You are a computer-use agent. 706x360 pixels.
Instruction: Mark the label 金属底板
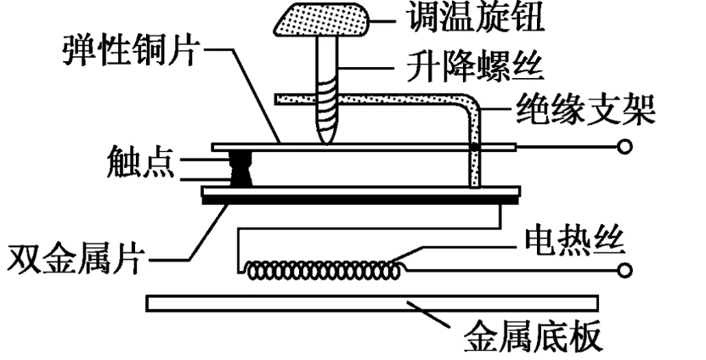[x=533, y=338]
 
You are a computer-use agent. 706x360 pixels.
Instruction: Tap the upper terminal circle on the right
[x=625, y=148]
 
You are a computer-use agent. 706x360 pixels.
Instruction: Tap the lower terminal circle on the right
[x=625, y=271]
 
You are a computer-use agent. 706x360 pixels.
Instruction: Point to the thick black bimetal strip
[x=360, y=200]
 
